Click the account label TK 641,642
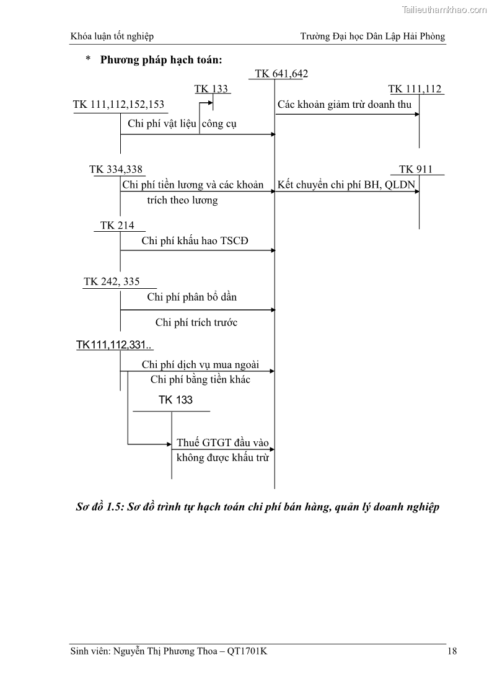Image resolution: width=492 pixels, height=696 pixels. click(x=281, y=74)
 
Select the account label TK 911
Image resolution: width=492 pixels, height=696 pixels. click(x=416, y=170)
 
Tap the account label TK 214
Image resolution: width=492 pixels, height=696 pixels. click(x=117, y=226)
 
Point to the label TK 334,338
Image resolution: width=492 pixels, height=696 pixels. click(x=116, y=170)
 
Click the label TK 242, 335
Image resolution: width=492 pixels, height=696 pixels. click(x=112, y=282)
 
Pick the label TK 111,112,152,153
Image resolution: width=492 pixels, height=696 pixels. click(x=118, y=105)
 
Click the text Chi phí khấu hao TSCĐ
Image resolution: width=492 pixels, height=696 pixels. click(x=195, y=241)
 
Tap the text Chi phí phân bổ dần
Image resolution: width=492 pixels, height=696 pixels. click(x=191, y=297)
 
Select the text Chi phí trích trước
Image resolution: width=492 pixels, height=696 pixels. click(x=196, y=322)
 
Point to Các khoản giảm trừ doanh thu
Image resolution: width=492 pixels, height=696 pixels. click(x=345, y=105)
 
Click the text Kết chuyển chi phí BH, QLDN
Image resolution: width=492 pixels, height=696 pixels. click(x=346, y=185)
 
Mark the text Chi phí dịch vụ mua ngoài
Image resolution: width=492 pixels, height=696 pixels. click(x=200, y=364)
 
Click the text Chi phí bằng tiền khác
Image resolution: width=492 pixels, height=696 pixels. click(x=200, y=379)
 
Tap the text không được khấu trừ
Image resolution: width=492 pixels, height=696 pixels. click(x=222, y=458)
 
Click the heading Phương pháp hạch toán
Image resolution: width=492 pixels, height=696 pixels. click(x=161, y=60)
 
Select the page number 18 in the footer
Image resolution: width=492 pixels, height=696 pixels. click(x=452, y=651)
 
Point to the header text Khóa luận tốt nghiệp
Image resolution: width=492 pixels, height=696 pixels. click(x=112, y=37)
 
